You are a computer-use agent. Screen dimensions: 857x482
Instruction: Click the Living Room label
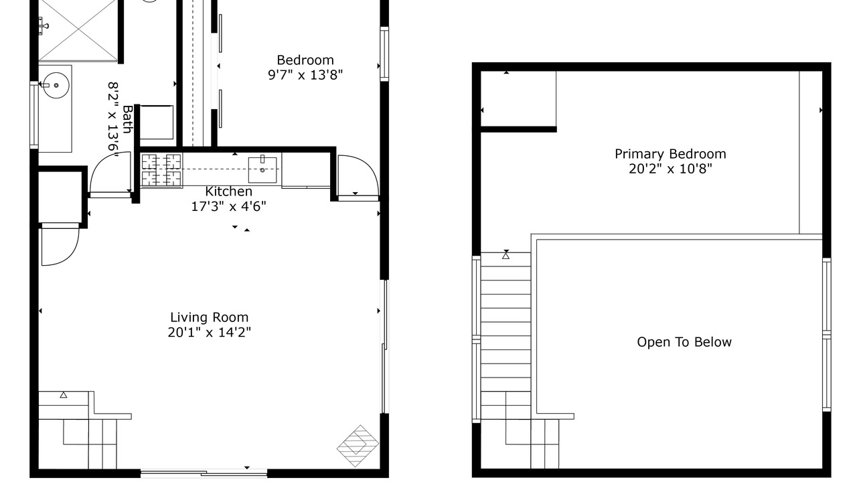point(210,317)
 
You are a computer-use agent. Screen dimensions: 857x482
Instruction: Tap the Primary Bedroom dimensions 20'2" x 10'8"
point(670,169)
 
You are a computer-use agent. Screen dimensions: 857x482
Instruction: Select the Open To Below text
point(684,342)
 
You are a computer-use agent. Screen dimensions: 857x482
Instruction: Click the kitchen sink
point(262,170)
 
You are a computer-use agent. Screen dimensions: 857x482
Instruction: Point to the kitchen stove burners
point(161,170)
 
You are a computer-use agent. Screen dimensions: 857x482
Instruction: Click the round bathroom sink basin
point(56,85)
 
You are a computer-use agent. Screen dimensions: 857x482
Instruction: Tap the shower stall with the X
point(78,30)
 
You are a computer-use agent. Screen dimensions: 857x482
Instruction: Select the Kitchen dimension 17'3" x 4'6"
point(228,207)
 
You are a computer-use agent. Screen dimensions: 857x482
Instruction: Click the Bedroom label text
point(305,60)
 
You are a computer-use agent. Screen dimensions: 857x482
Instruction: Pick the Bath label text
point(127,119)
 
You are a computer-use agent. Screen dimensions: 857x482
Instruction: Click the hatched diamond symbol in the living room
point(358,446)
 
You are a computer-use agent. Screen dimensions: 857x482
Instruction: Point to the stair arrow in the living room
point(64,395)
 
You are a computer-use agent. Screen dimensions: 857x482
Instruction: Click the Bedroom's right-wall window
point(384,54)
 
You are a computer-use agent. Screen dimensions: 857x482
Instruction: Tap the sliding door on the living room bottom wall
point(204,473)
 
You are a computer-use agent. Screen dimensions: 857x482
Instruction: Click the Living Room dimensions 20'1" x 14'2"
point(210,332)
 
